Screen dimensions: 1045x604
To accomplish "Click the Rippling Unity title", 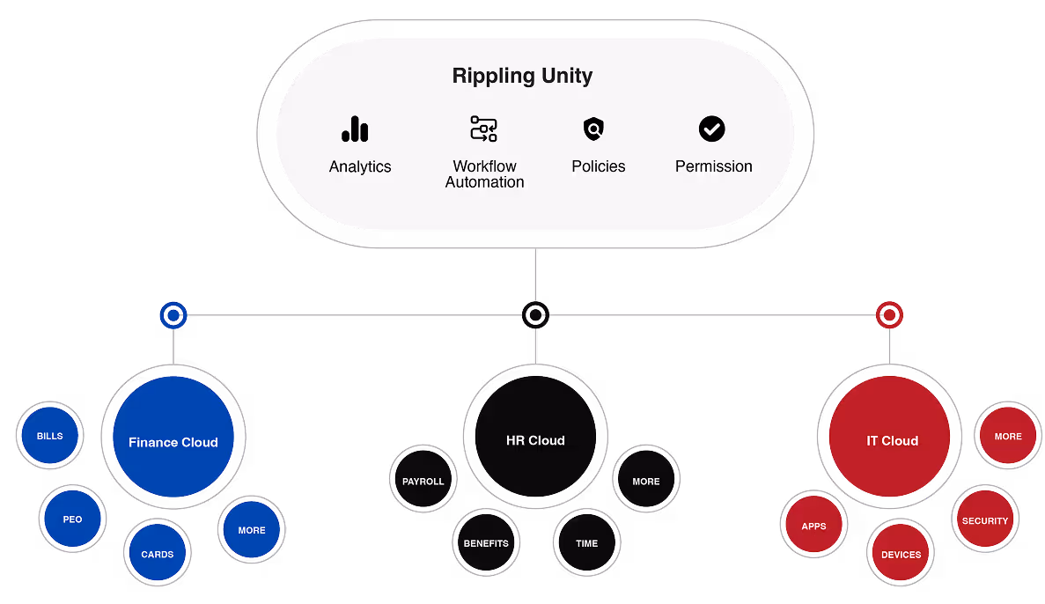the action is coord(522,76).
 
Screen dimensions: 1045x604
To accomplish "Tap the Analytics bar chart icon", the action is coord(355,129).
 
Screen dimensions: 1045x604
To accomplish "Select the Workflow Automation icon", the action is coord(484,129).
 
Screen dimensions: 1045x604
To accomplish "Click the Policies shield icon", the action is coord(593,129).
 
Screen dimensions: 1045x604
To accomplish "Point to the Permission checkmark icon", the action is coord(711,129).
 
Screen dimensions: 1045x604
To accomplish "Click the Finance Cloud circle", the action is coord(173,437).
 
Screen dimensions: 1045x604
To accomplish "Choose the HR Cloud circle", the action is coord(535,436).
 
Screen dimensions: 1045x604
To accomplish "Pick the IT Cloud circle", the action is coord(889,436).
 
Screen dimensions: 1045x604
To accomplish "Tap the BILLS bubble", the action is coord(50,435).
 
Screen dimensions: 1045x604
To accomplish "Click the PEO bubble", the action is coord(73,519).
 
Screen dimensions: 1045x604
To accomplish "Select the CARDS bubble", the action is coord(158,553).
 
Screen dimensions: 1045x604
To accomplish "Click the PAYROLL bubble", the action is coord(423,479).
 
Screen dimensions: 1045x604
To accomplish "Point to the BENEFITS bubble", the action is coord(487,542).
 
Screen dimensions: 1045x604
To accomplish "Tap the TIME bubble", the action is coord(586,542).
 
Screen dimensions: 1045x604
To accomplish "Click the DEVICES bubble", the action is coord(901,553).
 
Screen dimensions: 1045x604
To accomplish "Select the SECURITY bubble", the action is coord(985,519).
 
